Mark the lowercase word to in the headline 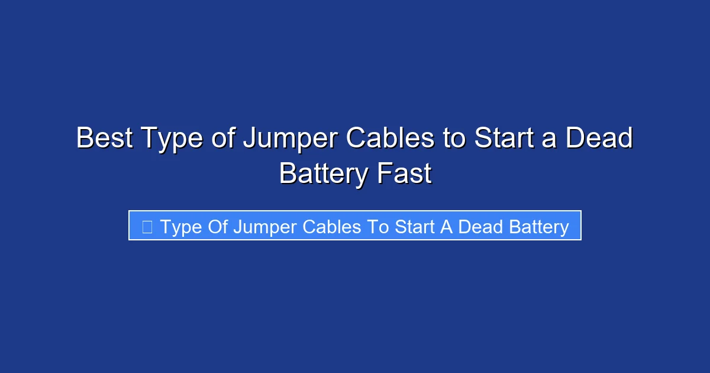click(451, 139)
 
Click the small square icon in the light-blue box click(147, 226)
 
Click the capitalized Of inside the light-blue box click(215, 226)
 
